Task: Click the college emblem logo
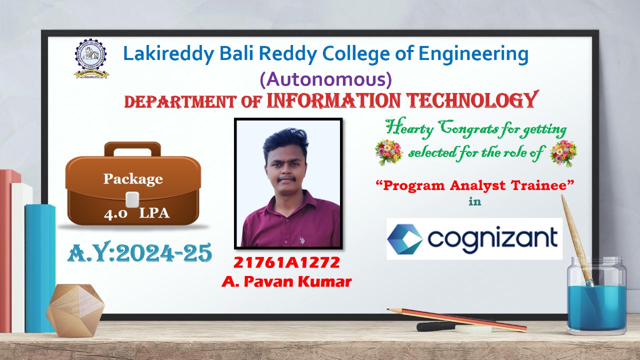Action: [91, 59]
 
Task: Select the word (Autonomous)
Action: [325, 79]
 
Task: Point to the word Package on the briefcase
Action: [133, 179]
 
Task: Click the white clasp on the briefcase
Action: [132, 199]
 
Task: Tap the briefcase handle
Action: [132, 149]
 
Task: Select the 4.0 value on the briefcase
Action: [115, 213]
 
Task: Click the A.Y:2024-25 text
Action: [139, 252]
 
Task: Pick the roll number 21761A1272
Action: [286, 262]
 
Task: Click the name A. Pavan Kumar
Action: [286, 281]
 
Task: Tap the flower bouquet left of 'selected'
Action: [389, 152]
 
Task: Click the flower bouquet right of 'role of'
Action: [563, 153]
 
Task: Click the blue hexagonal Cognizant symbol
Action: [405, 239]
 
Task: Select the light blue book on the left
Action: [40, 268]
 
